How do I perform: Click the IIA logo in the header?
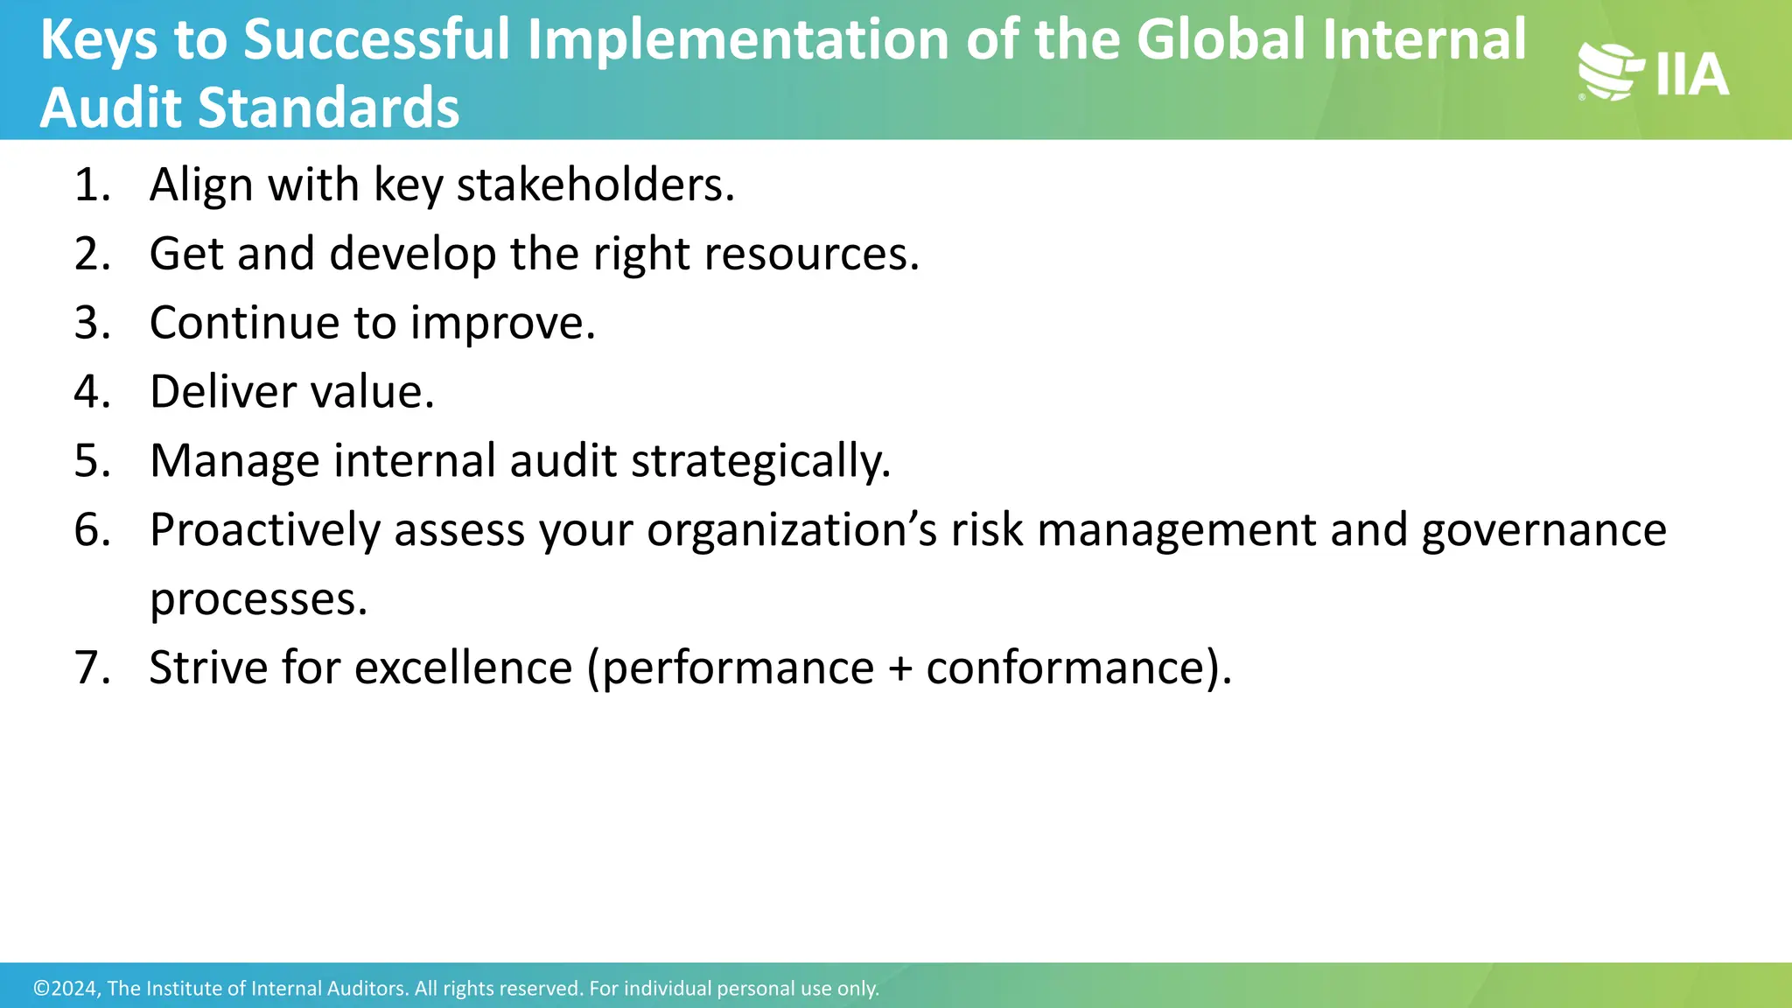[1653, 73]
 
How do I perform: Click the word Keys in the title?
[99, 40]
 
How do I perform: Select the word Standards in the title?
[328, 108]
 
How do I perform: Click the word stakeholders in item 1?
[595, 185]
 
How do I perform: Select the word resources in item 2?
[811, 255]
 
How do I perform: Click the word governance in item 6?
[1543, 530]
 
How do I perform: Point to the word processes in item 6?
[258, 599]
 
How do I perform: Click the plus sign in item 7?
[899, 668]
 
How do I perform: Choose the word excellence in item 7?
[464, 668]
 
